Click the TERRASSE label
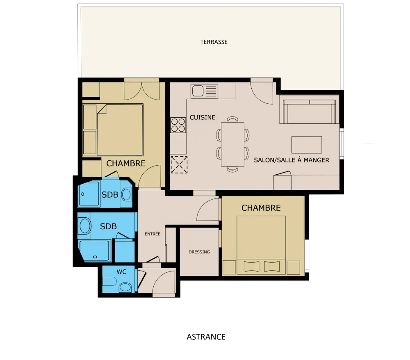pos(214,42)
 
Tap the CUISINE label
pos(203,117)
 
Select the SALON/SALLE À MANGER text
pos(292,160)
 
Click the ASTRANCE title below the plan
pos(206,337)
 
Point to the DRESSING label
pos(199,252)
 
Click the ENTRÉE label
pos(153,234)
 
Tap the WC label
pos(122,272)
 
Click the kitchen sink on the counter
pos(204,91)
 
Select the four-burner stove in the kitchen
pos(178,125)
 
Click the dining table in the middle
pos(233,144)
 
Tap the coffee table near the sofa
pos(307,145)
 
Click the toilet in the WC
pos(109,281)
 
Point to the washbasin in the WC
pos(125,287)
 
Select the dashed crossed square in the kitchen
pos(179,165)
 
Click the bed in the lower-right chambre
pos(261,245)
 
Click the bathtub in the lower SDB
pos(94,251)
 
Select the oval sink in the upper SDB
pos(126,195)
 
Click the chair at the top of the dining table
pos(232,119)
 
